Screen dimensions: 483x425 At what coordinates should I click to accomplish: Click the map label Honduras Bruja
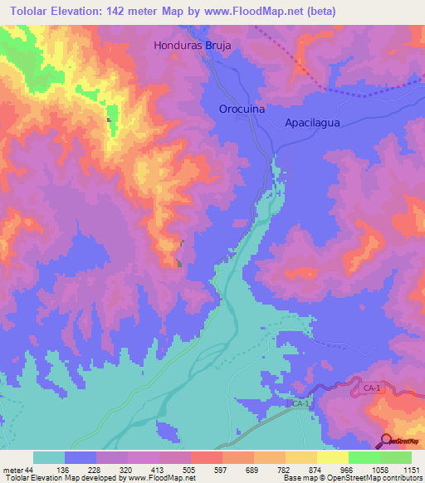(x=192, y=46)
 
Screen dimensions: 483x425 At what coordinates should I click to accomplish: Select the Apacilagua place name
(x=313, y=121)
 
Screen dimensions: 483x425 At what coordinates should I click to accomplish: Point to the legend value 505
(x=188, y=469)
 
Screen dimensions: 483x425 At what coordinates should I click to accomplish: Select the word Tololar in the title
(x=26, y=10)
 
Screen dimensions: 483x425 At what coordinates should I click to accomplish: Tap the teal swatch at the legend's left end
(x=49, y=457)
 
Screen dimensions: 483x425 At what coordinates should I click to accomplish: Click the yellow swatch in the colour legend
(x=333, y=457)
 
